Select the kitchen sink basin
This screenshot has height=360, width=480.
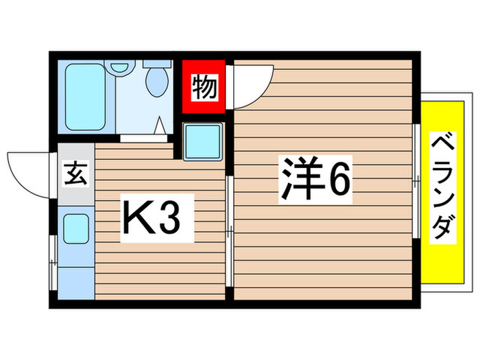[75, 228]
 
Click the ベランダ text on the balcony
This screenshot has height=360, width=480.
[443, 187]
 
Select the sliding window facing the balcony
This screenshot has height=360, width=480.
[416, 182]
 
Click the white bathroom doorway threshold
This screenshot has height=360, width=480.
[143, 138]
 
